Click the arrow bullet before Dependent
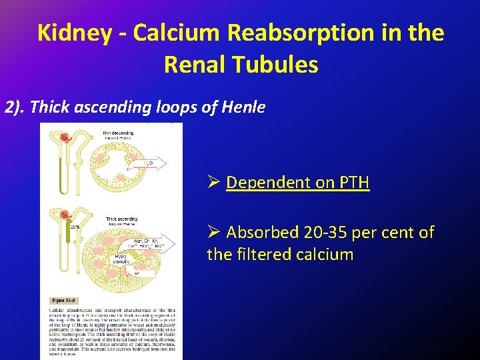click(x=213, y=182)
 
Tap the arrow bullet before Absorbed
click(x=213, y=232)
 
